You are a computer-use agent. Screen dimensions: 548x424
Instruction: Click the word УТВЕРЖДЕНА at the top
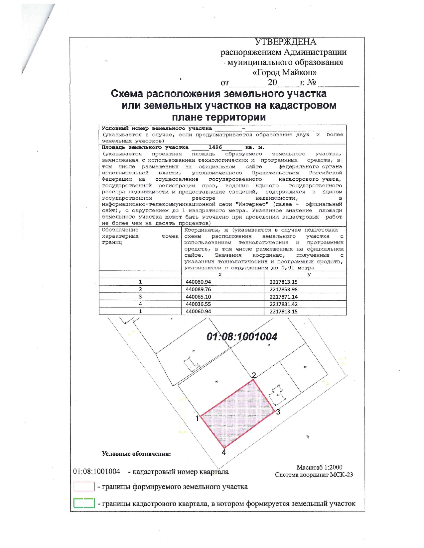[x=285, y=42]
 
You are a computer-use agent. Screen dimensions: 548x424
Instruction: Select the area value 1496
[x=215, y=147]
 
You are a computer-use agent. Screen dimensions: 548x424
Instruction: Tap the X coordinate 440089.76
[x=198, y=289]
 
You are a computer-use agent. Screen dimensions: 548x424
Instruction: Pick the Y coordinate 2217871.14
[x=283, y=297]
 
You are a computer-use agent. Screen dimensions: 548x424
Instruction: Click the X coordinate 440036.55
[x=198, y=304]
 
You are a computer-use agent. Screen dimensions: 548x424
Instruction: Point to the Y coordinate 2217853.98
[x=283, y=289]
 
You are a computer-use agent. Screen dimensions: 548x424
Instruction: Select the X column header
[x=220, y=275]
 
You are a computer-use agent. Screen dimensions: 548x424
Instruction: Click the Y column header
[x=309, y=275]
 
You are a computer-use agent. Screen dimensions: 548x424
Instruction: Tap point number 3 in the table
[x=140, y=297]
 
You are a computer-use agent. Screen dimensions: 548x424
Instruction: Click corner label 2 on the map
[x=254, y=375]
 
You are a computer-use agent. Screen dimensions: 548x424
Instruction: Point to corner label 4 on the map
[x=224, y=452]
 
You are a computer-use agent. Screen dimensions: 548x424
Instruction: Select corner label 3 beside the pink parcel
[x=278, y=412]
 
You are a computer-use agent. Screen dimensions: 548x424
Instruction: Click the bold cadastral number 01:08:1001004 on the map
[x=242, y=337]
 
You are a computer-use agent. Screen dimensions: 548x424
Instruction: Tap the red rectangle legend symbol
[x=84, y=486]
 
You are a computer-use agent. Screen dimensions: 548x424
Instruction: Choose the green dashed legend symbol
[x=84, y=503]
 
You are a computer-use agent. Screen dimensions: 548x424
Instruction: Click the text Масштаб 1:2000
[x=319, y=467]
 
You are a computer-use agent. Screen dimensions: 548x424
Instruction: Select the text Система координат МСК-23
[x=314, y=475]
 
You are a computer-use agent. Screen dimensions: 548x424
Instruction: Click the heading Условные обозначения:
[x=136, y=454]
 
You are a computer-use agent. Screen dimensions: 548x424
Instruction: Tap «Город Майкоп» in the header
[x=285, y=72]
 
